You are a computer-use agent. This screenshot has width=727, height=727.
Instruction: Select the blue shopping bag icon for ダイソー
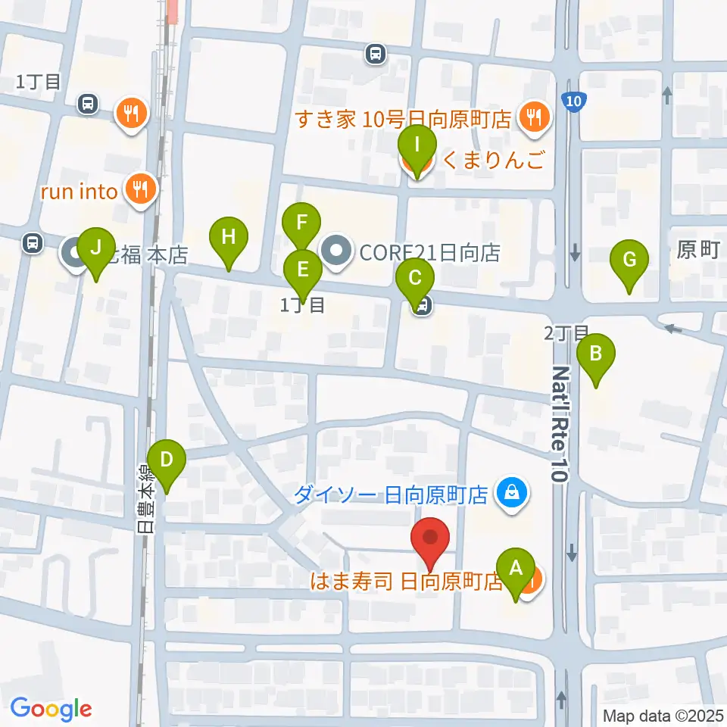point(513,494)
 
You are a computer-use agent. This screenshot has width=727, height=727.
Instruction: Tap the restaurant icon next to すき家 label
point(536,117)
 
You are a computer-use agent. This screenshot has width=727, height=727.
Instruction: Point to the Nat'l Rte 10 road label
point(560,424)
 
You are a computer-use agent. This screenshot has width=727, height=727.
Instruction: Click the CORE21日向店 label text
point(429,253)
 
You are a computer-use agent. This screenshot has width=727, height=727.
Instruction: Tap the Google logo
point(51,709)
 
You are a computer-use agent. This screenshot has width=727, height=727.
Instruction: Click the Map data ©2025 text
point(663,715)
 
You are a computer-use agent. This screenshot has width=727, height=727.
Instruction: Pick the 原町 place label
point(697,251)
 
